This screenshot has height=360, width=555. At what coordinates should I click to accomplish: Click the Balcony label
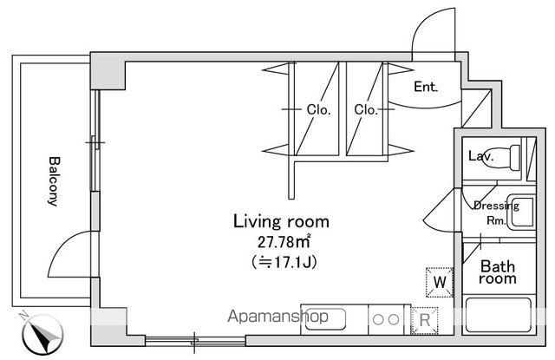click(x=53, y=181)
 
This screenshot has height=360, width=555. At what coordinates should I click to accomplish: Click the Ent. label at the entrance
click(x=425, y=87)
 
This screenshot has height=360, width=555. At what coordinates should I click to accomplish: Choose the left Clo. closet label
click(x=317, y=109)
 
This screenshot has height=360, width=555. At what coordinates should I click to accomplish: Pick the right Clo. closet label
click(x=364, y=109)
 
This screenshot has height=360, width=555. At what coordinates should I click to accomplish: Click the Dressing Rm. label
click(x=495, y=213)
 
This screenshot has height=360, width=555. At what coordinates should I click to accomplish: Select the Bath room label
click(x=499, y=272)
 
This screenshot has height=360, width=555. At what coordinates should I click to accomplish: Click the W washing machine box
click(x=440, y=281)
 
